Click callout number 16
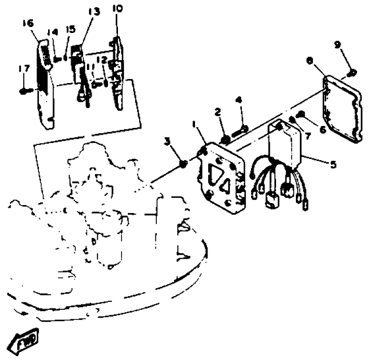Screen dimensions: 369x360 tap(28, 23)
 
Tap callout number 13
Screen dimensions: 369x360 tap(94, 11)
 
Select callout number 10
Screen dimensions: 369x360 tap(117, 9)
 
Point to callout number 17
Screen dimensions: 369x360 tap(24, 69)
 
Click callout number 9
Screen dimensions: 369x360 tap(337, 44)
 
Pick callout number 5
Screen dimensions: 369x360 tap(333, 164)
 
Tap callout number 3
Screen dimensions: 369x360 tap(167, 142)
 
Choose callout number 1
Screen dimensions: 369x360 tap(194, 124)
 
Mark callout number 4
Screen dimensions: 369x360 tap(239, 100)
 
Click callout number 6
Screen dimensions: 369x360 tap(323, 129)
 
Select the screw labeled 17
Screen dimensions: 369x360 tap(25, 90)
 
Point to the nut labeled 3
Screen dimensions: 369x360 tap(183, 164)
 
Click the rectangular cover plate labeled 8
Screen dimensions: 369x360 tap(343, 109)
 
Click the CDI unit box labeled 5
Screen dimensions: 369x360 tap(285, 144)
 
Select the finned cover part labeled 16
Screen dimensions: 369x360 tap(45, 84)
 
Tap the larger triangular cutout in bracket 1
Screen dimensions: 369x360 tap(215, 174)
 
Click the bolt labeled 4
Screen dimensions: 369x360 tap(240, 131)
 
